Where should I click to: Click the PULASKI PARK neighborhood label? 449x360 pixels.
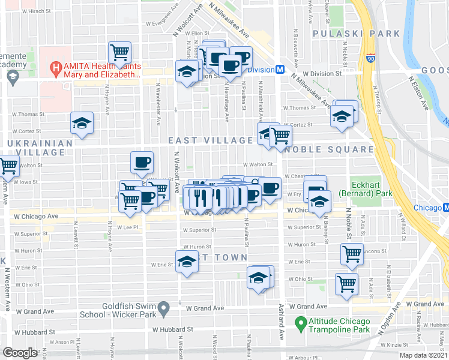click(348, 34)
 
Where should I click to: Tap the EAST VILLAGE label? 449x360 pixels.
click(210, 140)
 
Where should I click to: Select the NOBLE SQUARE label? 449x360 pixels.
click(328, 149)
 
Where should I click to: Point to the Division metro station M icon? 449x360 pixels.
click(280, 70)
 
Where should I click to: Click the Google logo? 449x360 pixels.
click(20, 353)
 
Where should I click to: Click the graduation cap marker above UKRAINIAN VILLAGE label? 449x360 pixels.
click(82, 123)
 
